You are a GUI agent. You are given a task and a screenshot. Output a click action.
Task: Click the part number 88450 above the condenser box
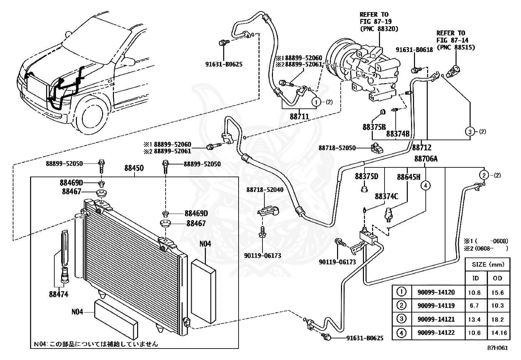click(134, 168)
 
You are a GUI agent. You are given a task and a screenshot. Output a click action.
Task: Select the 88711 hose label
click(299, 116)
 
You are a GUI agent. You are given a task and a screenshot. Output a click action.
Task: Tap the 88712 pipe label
click(422, 147)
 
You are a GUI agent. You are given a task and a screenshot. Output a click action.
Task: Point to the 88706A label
click(426, 159)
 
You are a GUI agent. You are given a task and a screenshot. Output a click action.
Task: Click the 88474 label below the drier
click(59, 294)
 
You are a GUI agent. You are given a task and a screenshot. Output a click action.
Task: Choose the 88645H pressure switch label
click(409, 177)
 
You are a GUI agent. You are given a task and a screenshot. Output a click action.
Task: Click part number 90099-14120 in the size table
click(436, 292)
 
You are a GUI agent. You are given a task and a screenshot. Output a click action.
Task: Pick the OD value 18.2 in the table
click(497, 319)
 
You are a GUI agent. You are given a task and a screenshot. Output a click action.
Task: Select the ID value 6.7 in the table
click(474, 306)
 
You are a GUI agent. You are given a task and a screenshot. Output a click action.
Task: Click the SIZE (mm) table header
click(488, 265)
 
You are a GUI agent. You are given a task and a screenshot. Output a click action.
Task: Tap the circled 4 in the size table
click(401, 333)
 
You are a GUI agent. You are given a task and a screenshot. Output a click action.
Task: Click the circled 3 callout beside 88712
click(470, 132)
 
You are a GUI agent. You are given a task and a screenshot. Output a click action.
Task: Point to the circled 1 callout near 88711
click(316, 102)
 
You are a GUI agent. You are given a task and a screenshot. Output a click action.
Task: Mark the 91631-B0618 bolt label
click(414, 50)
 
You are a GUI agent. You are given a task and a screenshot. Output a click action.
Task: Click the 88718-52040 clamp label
click(265, 190)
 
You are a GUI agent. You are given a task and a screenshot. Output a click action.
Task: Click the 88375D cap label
click(366, 176)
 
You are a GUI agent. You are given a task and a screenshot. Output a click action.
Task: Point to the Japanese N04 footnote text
click(96, 344)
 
